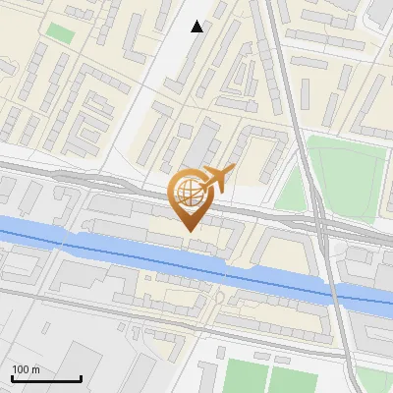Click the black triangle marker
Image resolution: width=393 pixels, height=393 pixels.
197,27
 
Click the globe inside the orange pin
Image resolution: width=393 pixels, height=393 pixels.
189,192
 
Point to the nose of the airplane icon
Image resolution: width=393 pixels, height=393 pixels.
232,170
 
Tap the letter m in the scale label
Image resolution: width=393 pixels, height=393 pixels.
36,369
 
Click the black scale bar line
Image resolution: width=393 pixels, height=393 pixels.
46,379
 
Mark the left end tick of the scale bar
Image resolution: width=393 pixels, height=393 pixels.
12,377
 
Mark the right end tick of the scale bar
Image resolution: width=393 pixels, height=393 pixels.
81,377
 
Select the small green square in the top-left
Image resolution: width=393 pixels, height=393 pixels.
60,31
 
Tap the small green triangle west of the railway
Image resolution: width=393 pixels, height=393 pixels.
292,193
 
